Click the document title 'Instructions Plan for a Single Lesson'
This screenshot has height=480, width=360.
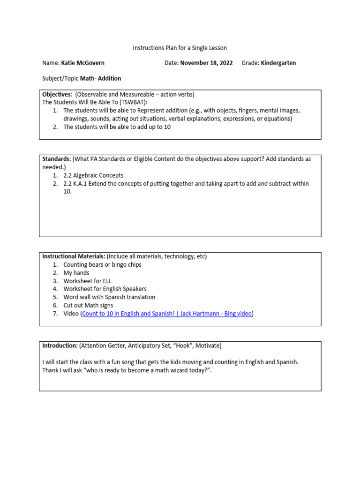(x=180, y=48)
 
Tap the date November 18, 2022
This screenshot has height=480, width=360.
(x=206, y=63)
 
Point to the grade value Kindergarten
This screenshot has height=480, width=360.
(x=278, y=63)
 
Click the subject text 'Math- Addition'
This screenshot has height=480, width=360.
(x=100, y=78)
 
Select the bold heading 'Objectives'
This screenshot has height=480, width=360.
(x=57, y=94)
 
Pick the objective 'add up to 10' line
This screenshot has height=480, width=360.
(x=117, y=127)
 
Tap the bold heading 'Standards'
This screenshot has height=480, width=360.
(x=56, y=159)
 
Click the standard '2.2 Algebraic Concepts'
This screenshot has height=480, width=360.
(x=93, y=175)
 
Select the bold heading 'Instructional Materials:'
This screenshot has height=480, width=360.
(x=74, y=256)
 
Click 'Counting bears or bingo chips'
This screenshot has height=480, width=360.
(x=102, y=264)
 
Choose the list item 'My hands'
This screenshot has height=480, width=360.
(x=76, y=273)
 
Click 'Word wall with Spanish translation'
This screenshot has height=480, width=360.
(x=109, y=297)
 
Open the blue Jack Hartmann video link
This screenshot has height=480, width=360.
(x=167, y=314)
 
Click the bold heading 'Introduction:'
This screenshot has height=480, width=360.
(x=60, y=345)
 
